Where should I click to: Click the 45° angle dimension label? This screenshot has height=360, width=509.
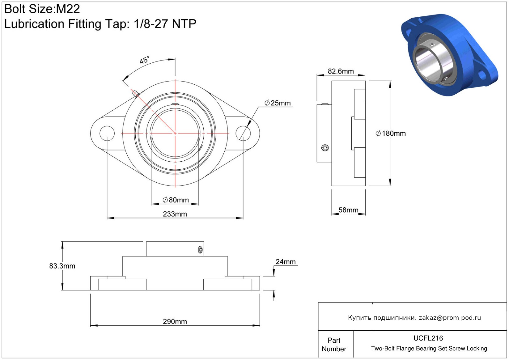point(144,60)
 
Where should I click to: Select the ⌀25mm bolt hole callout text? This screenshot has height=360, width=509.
point(278,103)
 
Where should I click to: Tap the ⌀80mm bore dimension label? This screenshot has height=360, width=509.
point(176,200)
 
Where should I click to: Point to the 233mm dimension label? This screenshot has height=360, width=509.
point(175,214)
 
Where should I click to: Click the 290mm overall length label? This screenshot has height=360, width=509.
point(175,321)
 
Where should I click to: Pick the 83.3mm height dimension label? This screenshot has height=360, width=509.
point(62,266)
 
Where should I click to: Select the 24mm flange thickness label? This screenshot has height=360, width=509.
point(286,262)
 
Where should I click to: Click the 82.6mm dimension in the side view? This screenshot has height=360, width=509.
point(341,71)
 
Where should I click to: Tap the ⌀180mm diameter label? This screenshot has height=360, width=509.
point(391,133)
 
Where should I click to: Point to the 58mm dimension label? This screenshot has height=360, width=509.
point(348,210)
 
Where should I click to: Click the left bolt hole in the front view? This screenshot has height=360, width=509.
point(107,133)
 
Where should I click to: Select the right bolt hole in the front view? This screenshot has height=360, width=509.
point(243,133)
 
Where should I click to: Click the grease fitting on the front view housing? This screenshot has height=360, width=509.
point(135,93)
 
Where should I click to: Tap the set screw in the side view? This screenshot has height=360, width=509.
point(325,148)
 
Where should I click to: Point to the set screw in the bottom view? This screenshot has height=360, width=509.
point(201,250)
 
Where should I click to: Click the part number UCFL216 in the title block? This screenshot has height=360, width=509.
point(428,338)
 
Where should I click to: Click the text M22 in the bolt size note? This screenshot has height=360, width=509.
point(68,9)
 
